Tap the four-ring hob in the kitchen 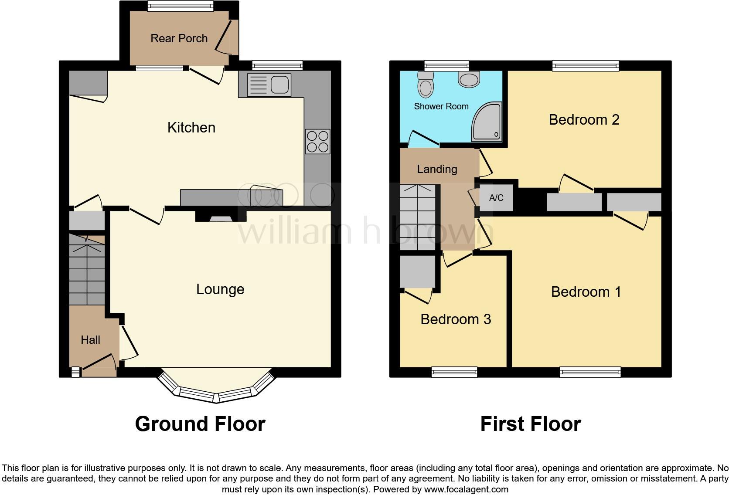point(317,142)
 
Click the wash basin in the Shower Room point(469,79)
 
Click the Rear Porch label point(179,38)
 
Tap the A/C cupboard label point(496,198)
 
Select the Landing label point(437,169)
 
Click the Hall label point(90,340)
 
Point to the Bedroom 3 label point(456,319)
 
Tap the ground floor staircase point(87,270)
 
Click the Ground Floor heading point(200,424)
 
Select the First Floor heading point(531,424)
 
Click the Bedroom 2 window point(586,66)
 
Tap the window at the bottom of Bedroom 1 point(590,372)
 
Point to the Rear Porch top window point(180,6)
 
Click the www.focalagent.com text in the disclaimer point(466,489)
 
